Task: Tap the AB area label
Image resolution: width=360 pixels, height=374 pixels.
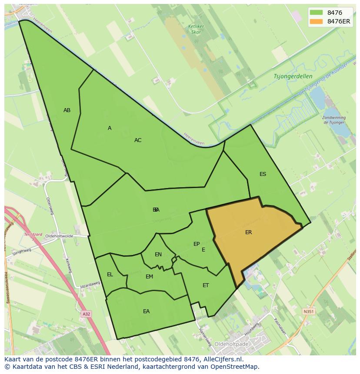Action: [67, 110]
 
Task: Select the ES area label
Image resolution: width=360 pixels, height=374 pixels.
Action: [263, 174]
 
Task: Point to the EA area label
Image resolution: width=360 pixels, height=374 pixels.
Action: [146, 311]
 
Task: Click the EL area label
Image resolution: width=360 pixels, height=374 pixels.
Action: [110, 275]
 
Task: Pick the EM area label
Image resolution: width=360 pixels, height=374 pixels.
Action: [149, 277]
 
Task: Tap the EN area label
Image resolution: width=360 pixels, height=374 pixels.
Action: [158, 255]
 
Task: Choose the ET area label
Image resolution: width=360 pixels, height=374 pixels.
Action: [206, 285]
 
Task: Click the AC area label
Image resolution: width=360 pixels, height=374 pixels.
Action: [138, 140]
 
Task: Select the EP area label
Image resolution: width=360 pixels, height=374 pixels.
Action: [197, 244]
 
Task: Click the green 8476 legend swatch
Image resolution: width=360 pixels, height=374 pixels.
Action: [316, 13]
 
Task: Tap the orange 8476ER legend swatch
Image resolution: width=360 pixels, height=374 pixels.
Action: [316, 21]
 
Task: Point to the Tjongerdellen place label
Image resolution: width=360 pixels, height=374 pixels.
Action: [293, 76]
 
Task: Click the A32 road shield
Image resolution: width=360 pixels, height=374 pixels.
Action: [87, 313]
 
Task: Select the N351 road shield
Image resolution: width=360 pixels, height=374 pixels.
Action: [308, 311]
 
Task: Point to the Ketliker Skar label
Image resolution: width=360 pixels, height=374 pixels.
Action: [196, 29]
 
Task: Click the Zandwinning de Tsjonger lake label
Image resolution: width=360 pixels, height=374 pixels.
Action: [334, 120]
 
